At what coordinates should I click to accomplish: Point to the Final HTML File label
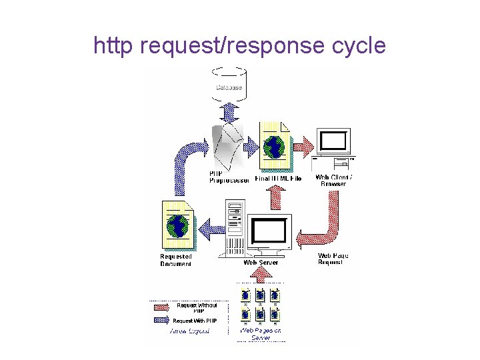tap(279, 179)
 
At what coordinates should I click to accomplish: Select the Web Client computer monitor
tap(333, 142)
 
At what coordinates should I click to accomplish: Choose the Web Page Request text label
tap(333, 259)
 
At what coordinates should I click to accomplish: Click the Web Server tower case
tap(235, 228)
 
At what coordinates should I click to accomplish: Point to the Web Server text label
tap(261, 263)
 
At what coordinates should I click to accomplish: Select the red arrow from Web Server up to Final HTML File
tap(276, 199)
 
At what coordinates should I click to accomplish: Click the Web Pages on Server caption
tap(261, 334)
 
